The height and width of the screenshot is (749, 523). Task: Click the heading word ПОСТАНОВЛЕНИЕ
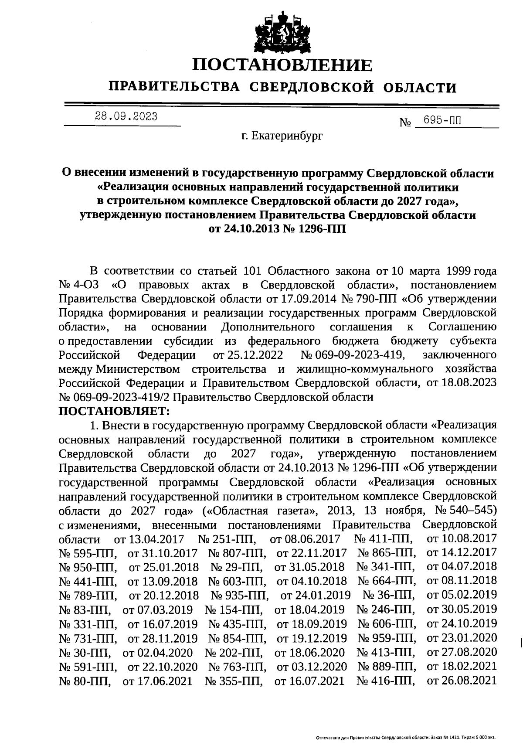[283, 65]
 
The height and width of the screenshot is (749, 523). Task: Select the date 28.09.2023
[126, 117]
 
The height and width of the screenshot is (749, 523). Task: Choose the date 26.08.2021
[462, 680]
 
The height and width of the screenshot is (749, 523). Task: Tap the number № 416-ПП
[385, 680]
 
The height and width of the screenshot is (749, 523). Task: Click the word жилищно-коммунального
[364, 369]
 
